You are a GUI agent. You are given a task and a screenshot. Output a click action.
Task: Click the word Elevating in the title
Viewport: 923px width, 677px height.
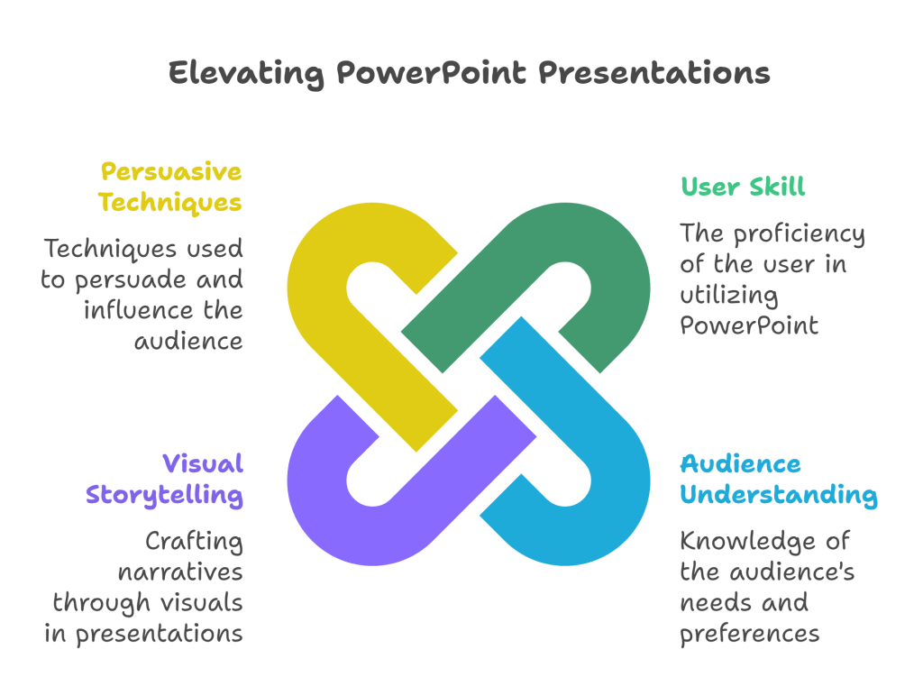tap(246, 74)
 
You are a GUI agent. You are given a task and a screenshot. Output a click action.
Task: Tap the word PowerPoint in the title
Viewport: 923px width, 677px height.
tap(432, 73)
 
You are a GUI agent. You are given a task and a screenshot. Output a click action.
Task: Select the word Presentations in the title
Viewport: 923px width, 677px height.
tap(654, 73)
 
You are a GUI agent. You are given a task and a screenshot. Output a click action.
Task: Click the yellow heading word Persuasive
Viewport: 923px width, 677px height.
tap(171, 172)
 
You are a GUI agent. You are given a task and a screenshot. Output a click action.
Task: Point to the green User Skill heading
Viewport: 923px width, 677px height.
tap(743, 187)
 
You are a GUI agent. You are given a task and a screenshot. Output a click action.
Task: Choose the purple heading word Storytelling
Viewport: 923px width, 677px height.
tap(164, 495)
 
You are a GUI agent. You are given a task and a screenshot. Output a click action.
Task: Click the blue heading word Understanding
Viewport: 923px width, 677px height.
tap(779, 495)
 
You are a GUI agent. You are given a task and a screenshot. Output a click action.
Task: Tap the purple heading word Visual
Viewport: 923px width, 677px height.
tap(203, 463)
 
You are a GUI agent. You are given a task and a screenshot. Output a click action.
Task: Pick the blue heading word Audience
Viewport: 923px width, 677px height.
tap(741, 464)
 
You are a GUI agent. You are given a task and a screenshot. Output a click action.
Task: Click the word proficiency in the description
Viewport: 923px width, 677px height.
tap(799, 234)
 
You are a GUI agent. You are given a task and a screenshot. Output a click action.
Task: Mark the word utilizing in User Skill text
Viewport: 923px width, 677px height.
tap(728, 296)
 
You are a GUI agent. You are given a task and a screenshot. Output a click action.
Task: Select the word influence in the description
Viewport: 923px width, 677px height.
tap(138, 310)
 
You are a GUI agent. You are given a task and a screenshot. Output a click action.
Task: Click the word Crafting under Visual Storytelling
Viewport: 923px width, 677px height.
tap(195, 542)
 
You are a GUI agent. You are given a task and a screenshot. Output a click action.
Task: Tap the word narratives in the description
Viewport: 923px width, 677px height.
tap(180, 572)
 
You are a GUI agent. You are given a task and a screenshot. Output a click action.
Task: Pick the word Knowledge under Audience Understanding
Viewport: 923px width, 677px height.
tap(747, 542)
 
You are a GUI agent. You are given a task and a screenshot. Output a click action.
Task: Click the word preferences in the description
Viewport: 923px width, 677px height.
tap(749, 635)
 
